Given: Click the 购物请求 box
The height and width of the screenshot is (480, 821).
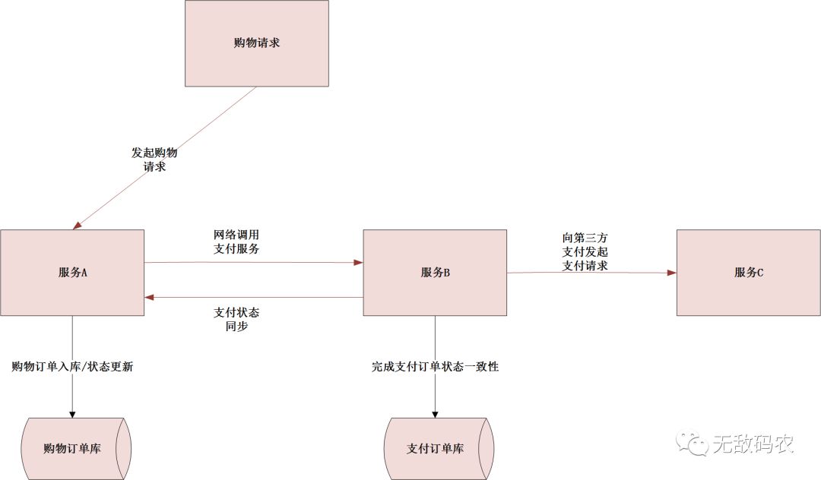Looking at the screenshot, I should coord(257,43).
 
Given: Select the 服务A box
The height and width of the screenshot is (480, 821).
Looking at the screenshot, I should coord(72,272).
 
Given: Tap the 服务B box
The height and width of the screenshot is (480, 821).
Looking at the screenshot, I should coord(435,272).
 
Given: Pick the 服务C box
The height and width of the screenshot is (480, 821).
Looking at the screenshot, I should coord(749,272).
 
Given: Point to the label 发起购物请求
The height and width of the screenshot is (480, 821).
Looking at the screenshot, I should coord(154,159).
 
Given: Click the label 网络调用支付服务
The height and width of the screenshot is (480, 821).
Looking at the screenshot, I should coord(241,242).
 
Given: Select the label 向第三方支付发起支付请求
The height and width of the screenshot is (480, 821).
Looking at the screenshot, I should coord(585,251).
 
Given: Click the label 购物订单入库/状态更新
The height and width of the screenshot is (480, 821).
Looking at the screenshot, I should coord(73,366).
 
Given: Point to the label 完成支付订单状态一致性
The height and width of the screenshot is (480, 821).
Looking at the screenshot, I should coord(435,366).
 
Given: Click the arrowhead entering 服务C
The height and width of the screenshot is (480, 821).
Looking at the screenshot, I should coord(672,272).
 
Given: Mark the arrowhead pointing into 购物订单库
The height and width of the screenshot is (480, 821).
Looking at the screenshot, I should coord(72,413).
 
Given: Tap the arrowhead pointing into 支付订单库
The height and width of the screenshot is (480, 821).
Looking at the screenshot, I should coord(435,413).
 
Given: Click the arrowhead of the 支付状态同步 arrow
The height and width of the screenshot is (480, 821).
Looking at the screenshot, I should coord(150,297).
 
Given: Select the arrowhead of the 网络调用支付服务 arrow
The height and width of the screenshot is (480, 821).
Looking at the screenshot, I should coord(358,263).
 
